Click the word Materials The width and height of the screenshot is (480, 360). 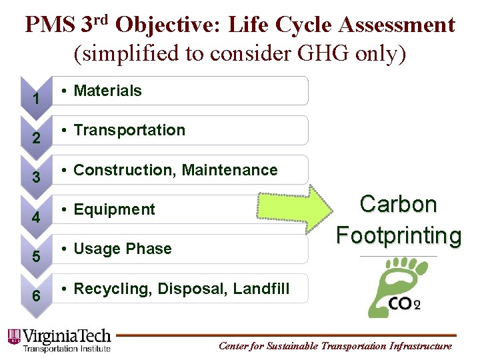(x=107, y=91)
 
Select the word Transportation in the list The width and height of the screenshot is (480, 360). (x=129, y=131)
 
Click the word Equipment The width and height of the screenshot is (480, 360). (x=114, y=209)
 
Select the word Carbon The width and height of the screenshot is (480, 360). (x=399, y=205)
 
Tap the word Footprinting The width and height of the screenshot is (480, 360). (x=399, y=235)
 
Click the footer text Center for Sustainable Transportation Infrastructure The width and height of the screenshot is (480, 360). (x=335, y=346)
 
